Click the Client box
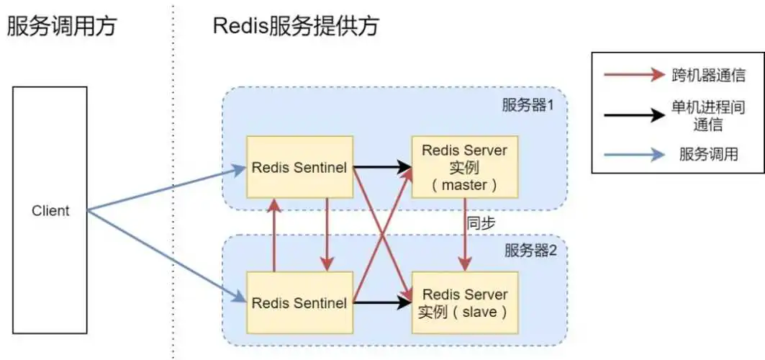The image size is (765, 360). [x=50, y=211]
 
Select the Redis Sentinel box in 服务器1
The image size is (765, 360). [x=299, y=168]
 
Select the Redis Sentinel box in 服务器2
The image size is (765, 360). [x=299, y=303]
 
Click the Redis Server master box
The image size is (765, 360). [x=464, y=168]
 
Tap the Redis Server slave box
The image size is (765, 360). [x=464, y=303]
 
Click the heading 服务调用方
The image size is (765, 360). [x=61, y=27]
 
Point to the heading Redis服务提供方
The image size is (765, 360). [x=295, y=27]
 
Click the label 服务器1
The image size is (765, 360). [x=528, y=105]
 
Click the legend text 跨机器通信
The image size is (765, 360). [x=707, y=75]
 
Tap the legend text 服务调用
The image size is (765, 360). [x=707, y=154]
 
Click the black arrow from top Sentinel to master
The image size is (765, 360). [x=381, y=168]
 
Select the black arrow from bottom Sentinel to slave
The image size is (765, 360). [x=381, y=303]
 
